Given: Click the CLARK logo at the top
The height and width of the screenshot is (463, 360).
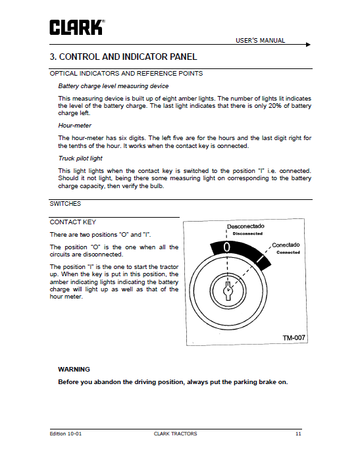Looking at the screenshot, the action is (77, 28).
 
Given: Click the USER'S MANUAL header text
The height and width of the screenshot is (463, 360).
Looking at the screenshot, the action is (260, 41).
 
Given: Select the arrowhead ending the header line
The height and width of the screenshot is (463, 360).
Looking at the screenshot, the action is (308, 45).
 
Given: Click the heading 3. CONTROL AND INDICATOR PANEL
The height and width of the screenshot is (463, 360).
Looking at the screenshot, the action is (123, 57).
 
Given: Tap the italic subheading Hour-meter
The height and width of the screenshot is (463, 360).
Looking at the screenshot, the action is (74, 126).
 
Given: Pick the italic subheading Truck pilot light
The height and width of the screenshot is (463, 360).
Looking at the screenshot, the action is (80, 158).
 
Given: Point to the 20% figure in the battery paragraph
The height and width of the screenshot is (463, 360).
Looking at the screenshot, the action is (275, 106).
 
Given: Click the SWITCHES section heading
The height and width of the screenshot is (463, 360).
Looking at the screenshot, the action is (65, 204).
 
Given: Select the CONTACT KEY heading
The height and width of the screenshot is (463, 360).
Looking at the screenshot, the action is (72, 222).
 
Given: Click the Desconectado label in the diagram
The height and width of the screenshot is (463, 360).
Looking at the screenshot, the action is (245, 226).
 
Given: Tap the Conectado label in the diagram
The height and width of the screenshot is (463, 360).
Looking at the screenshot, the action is (286, 245).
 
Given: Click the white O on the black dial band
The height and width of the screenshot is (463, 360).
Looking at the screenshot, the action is (226, 247).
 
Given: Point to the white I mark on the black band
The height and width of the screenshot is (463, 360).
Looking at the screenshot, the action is (260, 259).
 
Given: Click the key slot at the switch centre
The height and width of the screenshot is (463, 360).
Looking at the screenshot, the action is (228, 291).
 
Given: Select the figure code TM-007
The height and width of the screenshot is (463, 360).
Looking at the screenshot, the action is (294, 337).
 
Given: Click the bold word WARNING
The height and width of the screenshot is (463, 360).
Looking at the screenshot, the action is (74, 370).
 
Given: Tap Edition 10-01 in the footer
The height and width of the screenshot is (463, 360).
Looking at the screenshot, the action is (66, 434).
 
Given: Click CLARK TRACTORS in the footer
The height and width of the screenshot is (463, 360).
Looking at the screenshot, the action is (175, 434).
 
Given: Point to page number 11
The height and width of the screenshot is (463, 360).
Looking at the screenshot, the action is (298, 434).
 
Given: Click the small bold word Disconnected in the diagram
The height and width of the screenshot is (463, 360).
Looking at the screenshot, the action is (247, 233).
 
